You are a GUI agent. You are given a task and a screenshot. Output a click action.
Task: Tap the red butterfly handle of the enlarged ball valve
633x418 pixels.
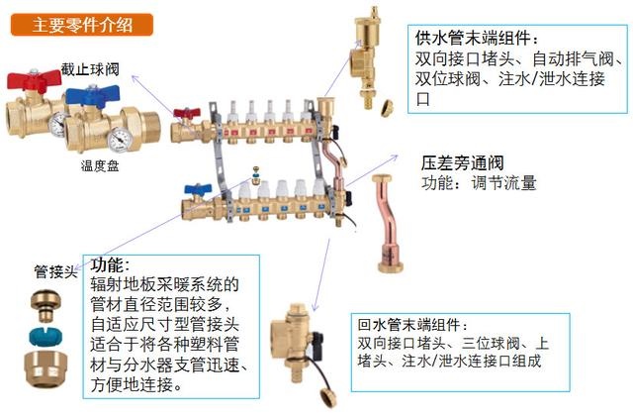tap(29, 80)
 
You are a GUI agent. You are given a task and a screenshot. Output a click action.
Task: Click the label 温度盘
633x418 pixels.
tap(100, 167)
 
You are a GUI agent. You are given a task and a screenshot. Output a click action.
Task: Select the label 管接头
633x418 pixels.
tap(54, 269)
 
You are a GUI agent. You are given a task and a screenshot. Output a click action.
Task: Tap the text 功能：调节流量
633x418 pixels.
tap(479, 182)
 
